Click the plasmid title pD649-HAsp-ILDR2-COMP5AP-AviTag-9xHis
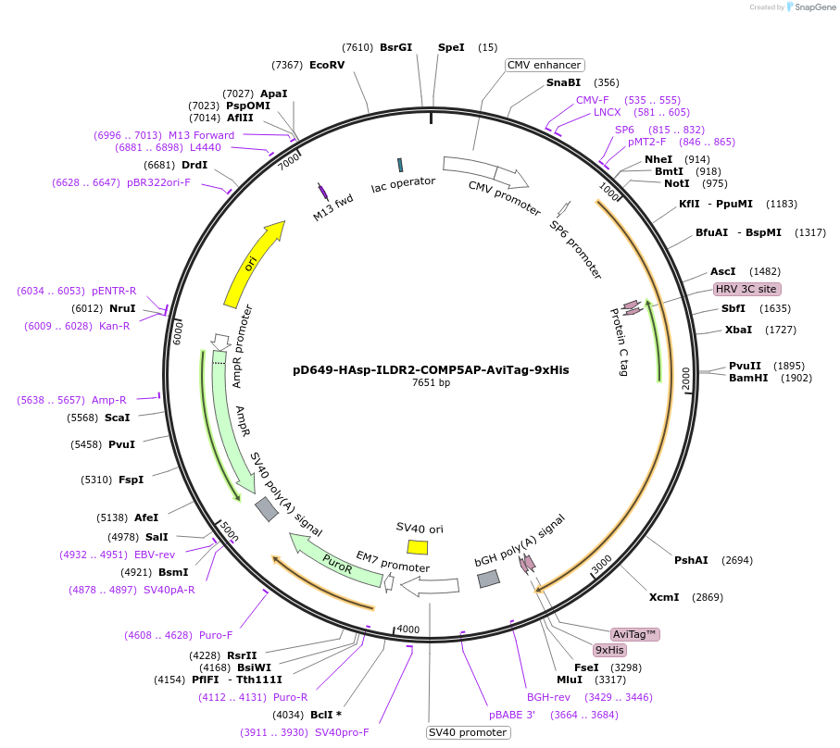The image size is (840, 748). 431,369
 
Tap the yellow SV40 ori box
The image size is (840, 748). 418,547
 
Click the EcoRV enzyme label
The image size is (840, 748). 327,65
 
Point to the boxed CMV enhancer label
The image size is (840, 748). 545,65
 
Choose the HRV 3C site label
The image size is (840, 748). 747,289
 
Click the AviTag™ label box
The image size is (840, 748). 635,634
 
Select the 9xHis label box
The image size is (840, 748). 609,650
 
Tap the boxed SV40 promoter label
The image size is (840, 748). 468,732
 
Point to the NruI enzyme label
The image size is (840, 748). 122,308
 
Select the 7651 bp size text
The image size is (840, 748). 432,382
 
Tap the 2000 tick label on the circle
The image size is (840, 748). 686,380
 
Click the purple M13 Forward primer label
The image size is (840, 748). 201,135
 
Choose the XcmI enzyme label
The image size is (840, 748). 664,597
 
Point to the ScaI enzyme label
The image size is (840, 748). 117,418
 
